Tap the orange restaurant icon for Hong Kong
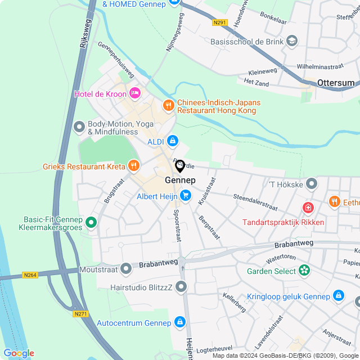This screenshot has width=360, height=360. coord(168,105)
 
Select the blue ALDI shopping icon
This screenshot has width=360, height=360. coord(173,141)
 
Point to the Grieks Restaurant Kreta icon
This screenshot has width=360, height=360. coord(133,165)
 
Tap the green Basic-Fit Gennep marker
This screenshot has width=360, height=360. coord(91,223)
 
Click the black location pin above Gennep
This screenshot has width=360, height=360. coord(180,166)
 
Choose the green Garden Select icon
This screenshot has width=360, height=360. coord(304,271)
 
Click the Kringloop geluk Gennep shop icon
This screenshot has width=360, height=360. coord(338,296)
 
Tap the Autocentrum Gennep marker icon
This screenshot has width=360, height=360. coord(179,323)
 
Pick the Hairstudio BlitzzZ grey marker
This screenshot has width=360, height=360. coord(181,287)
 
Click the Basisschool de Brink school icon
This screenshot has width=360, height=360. coord(291,42)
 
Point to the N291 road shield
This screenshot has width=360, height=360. coord(219,23)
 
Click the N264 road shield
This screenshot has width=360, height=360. coord(30,275)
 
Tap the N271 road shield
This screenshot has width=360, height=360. coord(80,314)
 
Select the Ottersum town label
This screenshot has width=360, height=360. coord(336,83)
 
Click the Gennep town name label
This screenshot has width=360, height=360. coord(180,181)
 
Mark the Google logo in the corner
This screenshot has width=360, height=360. coord(19,353)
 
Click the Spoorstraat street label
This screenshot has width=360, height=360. coord(177,225)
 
